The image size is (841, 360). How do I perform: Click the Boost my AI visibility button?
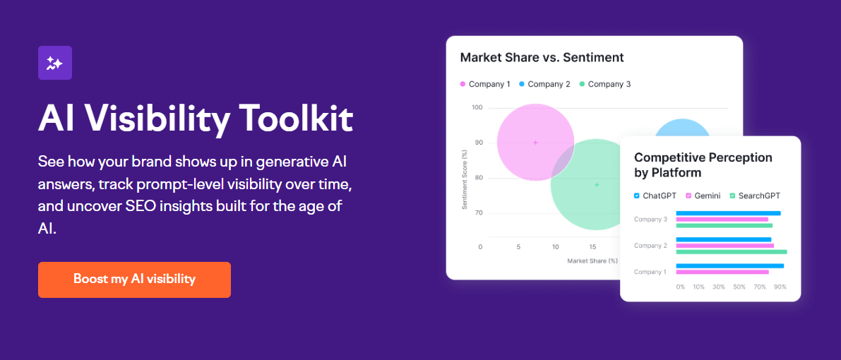(x=134, y=280)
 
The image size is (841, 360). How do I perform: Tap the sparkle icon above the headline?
(x=55, y=63)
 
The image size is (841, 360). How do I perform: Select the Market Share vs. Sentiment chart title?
(x=542, y=57)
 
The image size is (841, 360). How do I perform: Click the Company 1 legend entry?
(x=485, y=84)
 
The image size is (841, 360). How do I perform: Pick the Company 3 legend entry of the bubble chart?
(x=605, y=84)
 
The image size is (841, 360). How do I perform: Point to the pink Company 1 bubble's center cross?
(x=535, y=143)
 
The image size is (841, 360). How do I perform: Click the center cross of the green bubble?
(x=597, y=185)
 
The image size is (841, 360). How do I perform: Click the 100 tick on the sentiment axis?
(x=477, y=108)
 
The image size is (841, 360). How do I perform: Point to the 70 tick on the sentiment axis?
(x=478, y=212)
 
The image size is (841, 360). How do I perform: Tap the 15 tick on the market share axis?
(x=593, y=247)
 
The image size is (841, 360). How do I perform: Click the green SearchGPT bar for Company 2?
(x=731, y=251)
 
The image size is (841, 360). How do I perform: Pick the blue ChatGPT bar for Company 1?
(x=729, y=265)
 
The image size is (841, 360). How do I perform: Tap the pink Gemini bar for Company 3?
(x=722, y=220)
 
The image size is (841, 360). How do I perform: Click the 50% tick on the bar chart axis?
(x=739, y=287)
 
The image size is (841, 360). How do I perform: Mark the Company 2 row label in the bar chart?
(x=650, y=246)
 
